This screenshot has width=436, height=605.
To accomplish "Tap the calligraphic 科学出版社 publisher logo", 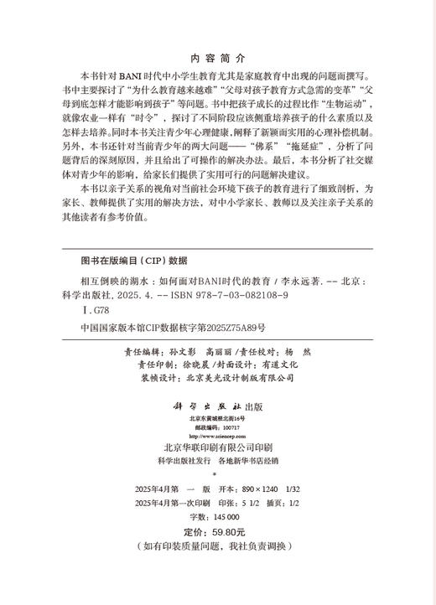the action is coord(205,405).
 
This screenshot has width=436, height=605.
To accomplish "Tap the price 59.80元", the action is coord(227,531).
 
